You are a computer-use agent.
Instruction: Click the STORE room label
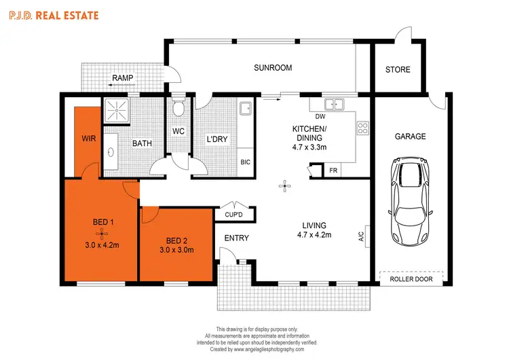tap(398, 69)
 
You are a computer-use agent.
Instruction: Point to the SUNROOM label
tap(273, 68)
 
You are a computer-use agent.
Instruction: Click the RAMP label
tap(122, 78)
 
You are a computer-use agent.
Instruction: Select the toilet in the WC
tap(178, 109)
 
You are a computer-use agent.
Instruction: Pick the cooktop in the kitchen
tap(362, 126)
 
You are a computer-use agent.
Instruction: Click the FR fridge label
tap(333, 171)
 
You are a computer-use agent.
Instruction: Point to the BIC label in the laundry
tap(245, 162)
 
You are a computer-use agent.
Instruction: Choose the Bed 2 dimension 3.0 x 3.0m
tap(176, 251)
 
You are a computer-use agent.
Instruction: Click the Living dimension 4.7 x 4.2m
tap(314, 236)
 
